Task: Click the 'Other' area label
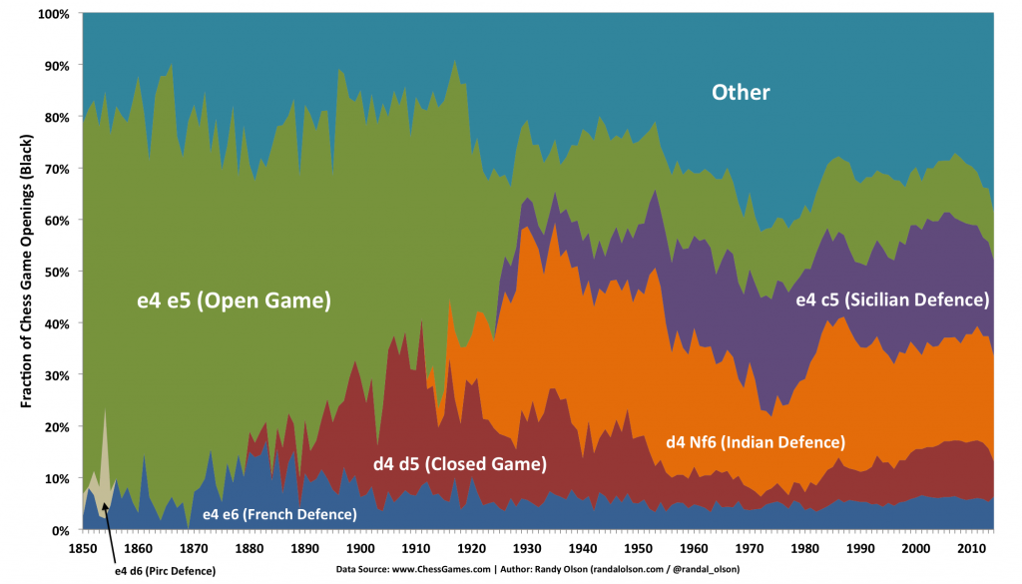[x=741, y=93]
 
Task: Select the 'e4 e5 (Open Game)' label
[x=234, y=299]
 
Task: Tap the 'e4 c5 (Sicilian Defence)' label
[x=891, y=299]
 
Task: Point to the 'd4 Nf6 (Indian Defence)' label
[x=756, y=441]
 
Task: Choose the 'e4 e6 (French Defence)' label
[x=278, y=514]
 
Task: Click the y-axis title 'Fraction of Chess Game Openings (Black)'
[x=28, y=272]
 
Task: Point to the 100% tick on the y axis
[x=52, y=14]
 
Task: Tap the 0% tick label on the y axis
[x=59, y=530]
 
